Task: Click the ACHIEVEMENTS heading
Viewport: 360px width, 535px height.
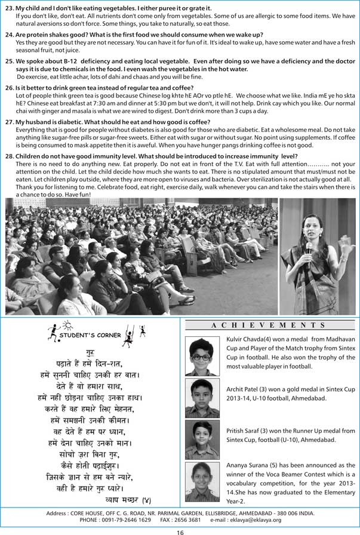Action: [x=267, y=325]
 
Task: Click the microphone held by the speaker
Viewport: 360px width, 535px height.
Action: [x=309, y=247]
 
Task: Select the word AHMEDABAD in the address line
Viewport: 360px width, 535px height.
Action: [x=259, y=513]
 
